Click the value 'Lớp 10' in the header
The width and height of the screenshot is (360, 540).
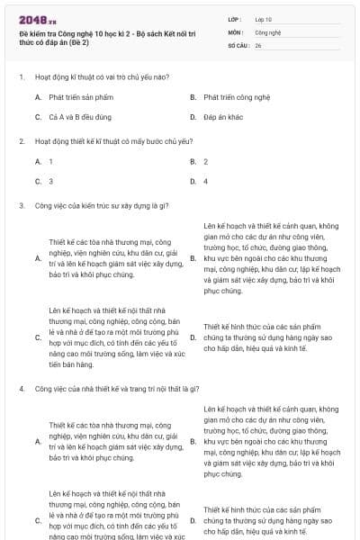[264, 19]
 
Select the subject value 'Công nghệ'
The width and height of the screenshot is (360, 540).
[267, 31]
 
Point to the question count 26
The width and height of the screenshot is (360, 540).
[258, 44]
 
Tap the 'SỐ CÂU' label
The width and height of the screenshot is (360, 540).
[237, 44]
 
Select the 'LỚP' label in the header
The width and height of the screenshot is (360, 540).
[235, 19]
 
